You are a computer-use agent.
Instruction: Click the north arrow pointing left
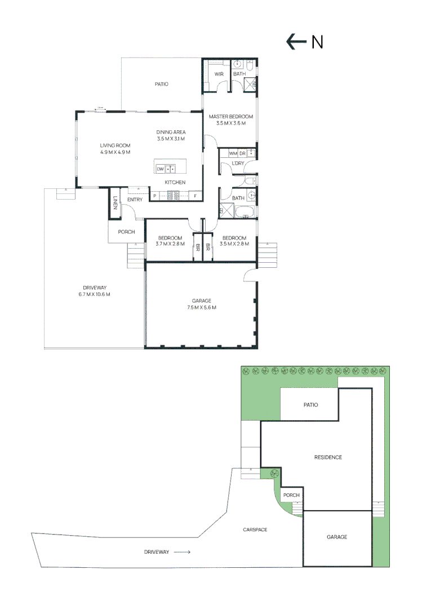(296, 42)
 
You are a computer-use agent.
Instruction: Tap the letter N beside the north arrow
(318, 42)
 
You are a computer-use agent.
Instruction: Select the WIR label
(219, 74)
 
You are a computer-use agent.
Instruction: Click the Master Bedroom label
(231, 117)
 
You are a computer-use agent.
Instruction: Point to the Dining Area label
(171, 132)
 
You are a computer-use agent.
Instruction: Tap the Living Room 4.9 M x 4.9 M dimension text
(115, 152)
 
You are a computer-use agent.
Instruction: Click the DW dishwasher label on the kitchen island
(161, 169)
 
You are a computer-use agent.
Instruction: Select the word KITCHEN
(175, 182)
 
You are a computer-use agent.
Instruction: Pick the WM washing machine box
(233, 153)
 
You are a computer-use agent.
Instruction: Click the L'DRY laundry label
(237, 164)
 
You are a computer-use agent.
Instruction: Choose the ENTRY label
(135, 200)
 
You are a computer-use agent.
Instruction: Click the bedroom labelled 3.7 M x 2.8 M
(168, 241)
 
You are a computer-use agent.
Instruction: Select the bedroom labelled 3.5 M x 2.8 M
(234, 241)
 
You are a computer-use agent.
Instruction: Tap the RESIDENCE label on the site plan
(328, 457)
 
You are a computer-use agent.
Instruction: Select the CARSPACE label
(255, 529)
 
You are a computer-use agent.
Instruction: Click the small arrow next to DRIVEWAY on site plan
(181, 552)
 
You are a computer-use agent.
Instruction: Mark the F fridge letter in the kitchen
(195, 196)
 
